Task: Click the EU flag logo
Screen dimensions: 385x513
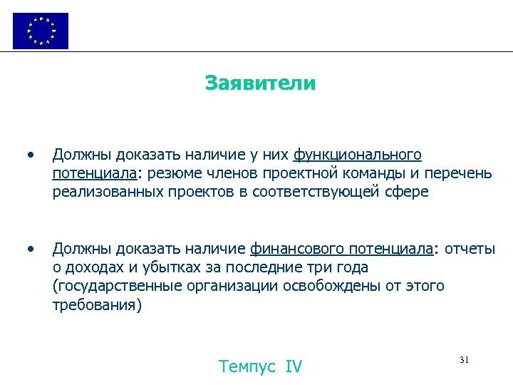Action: [x=41, y=31]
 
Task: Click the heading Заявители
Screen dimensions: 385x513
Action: [x=260, y=83]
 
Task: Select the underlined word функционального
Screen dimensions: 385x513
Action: [x=358, y=155]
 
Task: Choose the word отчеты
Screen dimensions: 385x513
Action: [x=470, y=249]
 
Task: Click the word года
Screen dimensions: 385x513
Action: [x=348, y=267]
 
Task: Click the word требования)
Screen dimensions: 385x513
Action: [x=97, y=305]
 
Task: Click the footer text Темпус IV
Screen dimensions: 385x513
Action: [x=261, y=366]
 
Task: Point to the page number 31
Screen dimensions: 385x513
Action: [x=464, y=360]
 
